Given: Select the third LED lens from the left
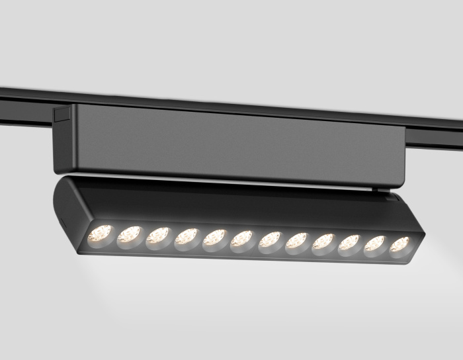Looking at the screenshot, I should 157,236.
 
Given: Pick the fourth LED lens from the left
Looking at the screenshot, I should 186,237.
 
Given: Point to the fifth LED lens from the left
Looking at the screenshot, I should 214,238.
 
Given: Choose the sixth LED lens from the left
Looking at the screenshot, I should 241,239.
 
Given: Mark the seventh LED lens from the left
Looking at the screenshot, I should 269,240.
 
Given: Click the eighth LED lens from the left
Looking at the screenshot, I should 296,242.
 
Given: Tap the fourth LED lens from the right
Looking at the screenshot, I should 323,243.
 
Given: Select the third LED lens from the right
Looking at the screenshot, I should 349,244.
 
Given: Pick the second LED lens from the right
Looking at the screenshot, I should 374,245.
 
